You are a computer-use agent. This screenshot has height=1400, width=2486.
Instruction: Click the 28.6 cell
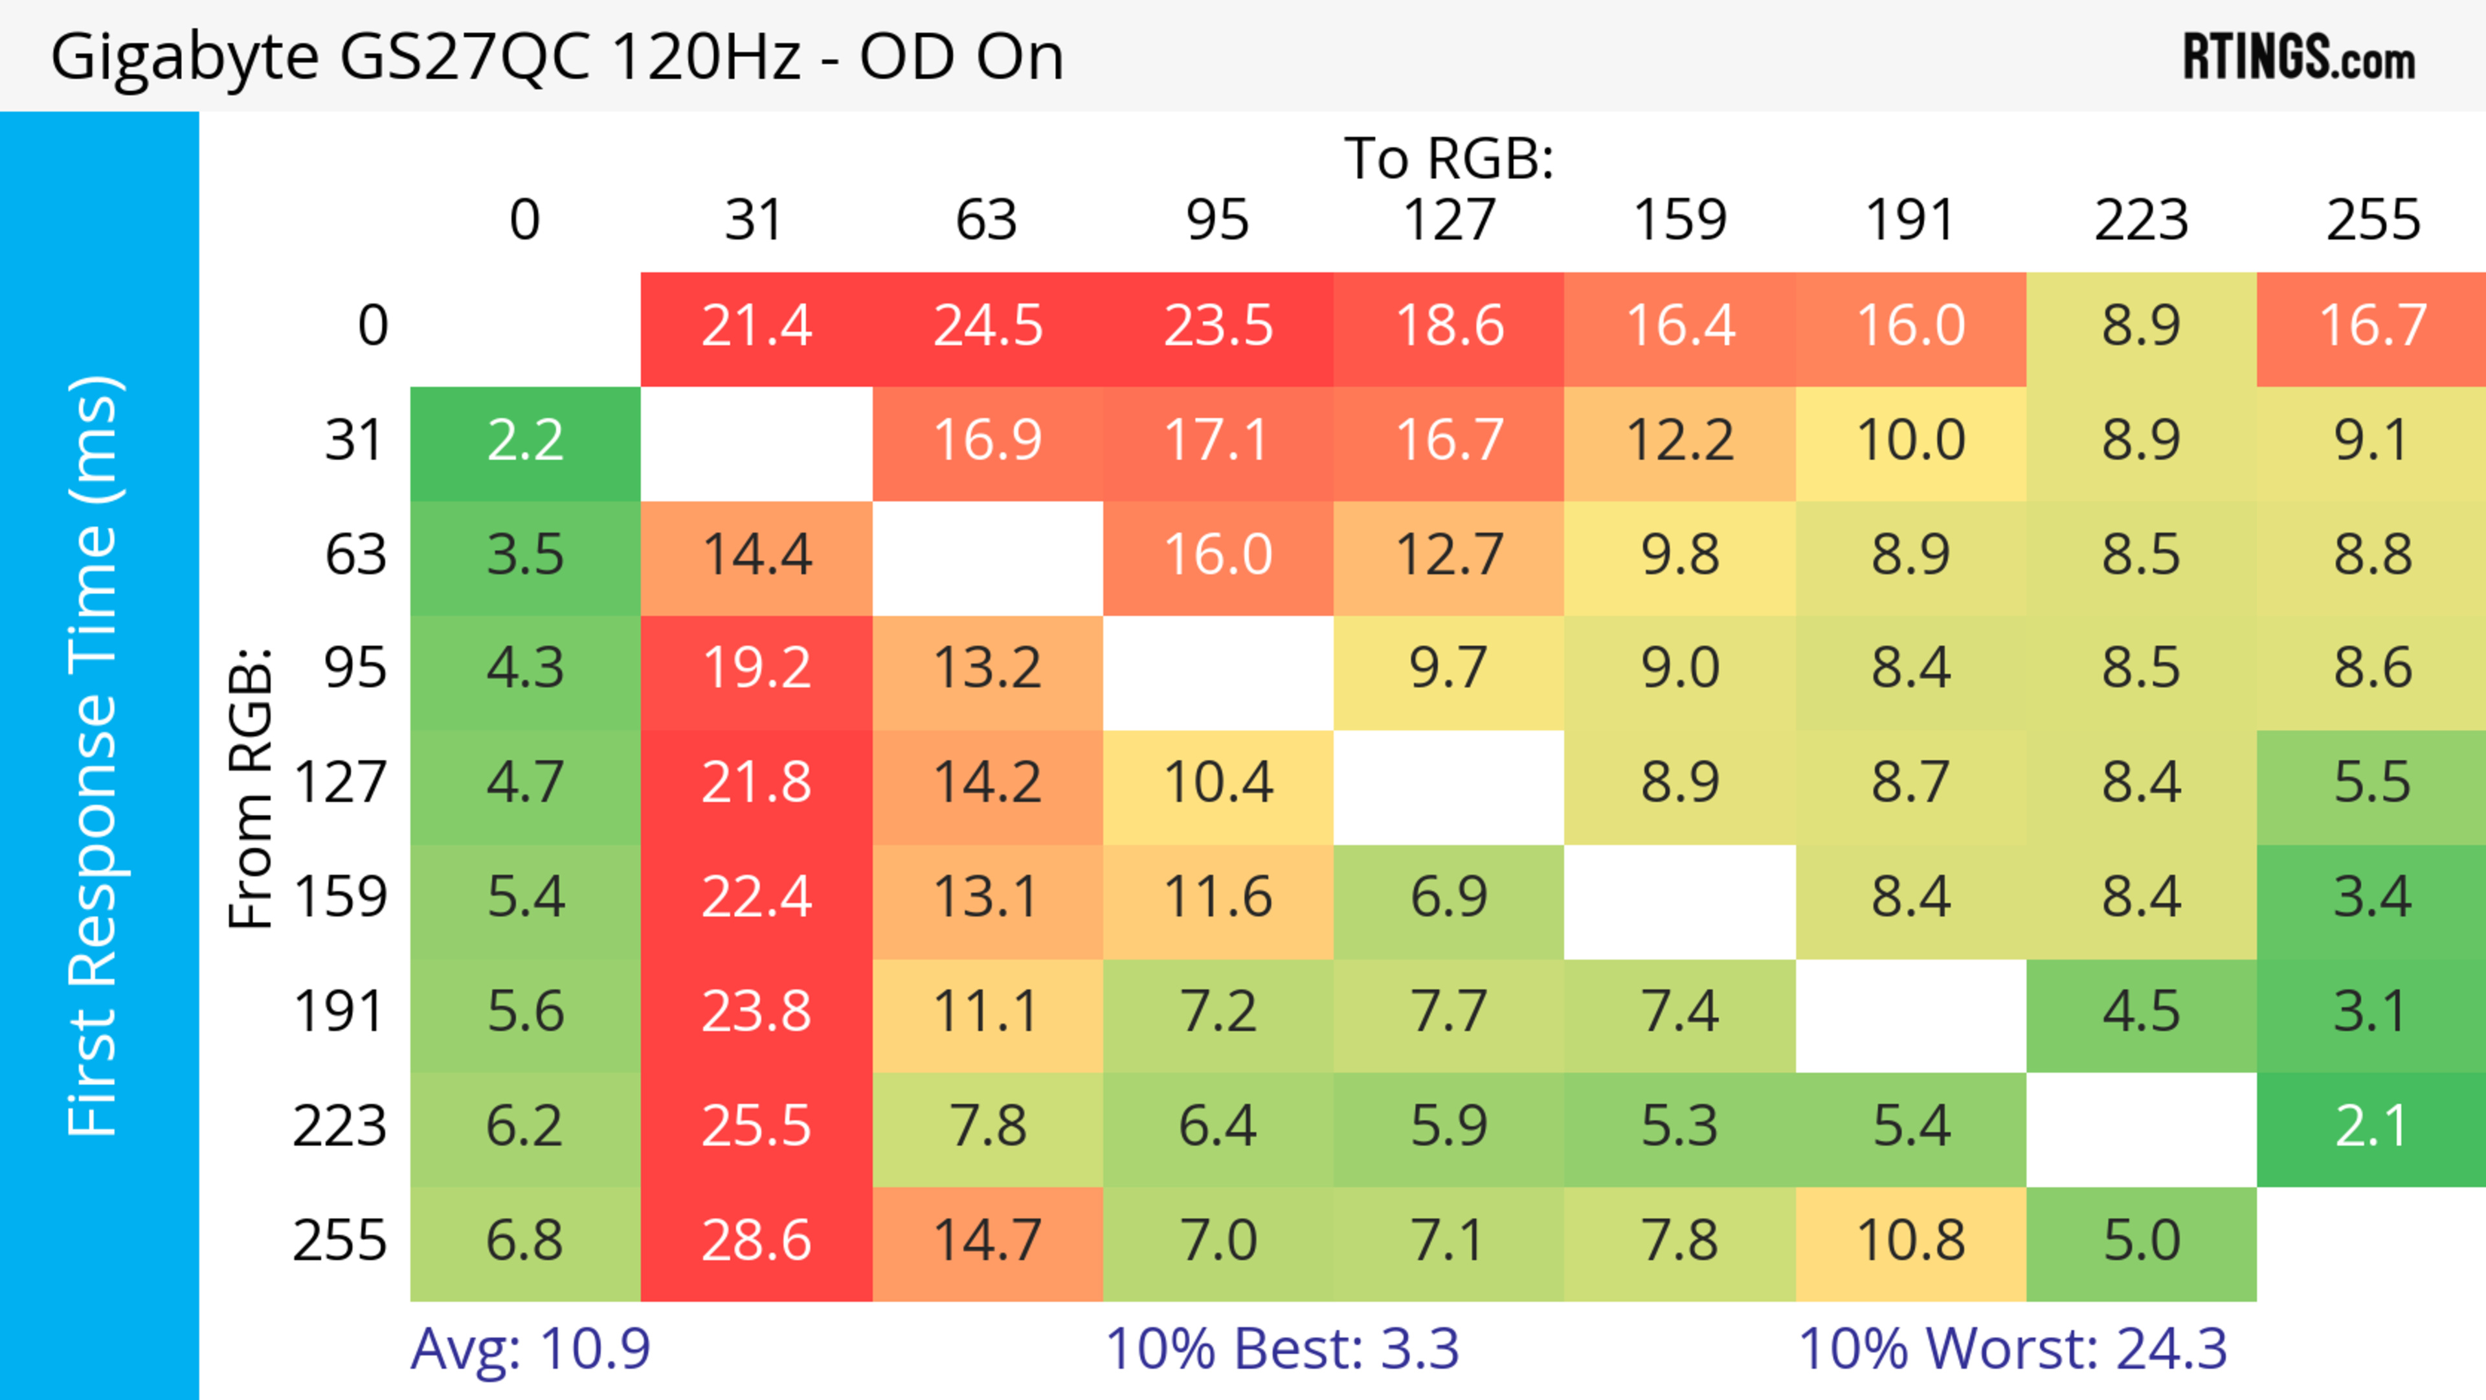756,1241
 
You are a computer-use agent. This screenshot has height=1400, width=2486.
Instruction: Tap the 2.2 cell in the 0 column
525,441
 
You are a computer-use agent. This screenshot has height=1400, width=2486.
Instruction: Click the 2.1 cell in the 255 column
2371,1127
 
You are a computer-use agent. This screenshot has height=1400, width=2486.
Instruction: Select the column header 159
1679,220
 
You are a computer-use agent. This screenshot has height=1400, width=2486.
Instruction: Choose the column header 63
986,220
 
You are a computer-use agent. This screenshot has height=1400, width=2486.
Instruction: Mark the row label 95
355,668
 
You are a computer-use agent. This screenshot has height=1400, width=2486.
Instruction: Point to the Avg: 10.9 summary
530,1349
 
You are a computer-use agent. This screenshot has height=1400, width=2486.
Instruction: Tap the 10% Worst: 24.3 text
2012,1349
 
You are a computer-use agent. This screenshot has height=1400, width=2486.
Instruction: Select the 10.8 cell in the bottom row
1911,1241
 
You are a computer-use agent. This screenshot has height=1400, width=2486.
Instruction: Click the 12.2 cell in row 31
1679,441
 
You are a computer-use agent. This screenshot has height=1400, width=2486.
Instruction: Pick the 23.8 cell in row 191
756,1012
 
